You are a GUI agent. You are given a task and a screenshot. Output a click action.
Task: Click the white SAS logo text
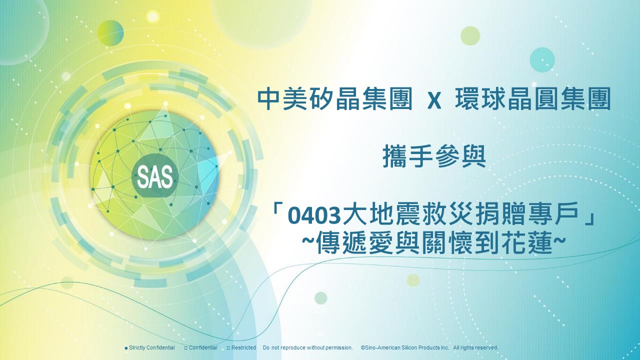point(155,176)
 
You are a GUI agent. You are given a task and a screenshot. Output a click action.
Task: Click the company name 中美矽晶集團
point(335,99)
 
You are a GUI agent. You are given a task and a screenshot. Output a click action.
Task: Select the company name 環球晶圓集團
point(532,99)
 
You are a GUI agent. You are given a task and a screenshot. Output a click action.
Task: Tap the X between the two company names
point(434,101)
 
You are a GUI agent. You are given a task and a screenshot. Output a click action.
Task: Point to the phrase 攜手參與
point(434,156)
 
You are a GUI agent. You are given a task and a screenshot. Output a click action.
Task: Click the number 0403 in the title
point(314,216)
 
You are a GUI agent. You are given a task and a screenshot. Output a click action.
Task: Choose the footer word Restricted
point(243,347)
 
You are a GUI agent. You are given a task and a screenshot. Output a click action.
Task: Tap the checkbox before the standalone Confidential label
point(185,348)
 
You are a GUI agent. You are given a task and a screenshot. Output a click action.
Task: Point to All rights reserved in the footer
point(475,347)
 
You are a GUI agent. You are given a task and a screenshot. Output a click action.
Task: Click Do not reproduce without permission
point(308,347)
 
